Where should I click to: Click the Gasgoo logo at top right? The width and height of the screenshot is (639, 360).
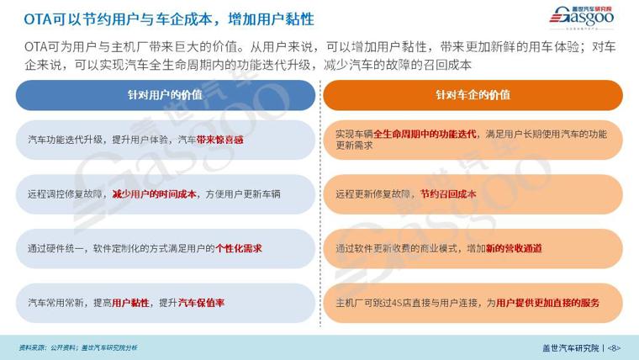pos(582,18)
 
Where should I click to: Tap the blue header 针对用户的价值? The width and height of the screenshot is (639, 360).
pos(165,95)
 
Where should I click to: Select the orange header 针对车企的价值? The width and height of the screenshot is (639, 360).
pos(473,95)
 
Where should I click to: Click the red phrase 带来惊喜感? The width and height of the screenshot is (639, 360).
pos(220,140)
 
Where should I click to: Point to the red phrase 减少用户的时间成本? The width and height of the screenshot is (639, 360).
pos(155,194)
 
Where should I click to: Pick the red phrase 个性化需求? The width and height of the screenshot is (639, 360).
pos(239,248)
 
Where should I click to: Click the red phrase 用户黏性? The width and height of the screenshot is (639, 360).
pos(130,303)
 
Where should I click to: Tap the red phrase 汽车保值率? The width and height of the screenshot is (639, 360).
pos(201,303)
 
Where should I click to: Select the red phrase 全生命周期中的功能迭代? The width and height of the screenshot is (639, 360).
pos(425,134)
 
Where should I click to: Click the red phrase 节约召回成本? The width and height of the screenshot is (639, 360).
pos(448,194)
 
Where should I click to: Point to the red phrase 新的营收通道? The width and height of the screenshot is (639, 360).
pos(514,248)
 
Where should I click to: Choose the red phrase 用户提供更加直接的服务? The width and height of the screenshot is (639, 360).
pos(548,303)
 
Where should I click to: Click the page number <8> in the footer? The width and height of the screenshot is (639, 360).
pos(614,348)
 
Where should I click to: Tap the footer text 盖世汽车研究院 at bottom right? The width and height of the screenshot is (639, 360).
pos(571,348)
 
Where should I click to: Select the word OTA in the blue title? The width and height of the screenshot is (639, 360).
pos(38,19)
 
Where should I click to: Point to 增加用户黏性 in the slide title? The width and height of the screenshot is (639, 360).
pos(271,19)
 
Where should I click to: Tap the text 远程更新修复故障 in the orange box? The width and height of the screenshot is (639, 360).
pos(372,194)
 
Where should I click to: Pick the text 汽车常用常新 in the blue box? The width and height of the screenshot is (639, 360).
pos(55,303)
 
